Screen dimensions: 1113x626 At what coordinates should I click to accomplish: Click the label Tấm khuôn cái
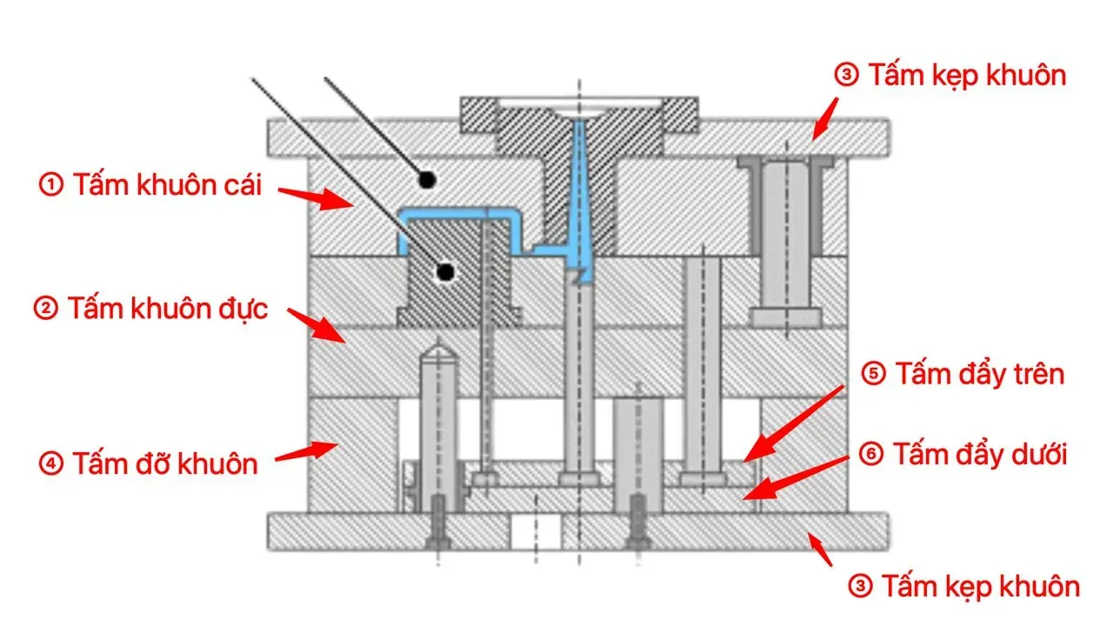click(167, 185)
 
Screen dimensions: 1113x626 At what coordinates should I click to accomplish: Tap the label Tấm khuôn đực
click(168, 309)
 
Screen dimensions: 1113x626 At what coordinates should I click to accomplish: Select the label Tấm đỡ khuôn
click(165, 463)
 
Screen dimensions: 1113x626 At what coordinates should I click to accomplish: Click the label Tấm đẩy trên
click(980, 374)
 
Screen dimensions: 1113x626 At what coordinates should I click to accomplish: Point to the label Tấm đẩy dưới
click(980, 454)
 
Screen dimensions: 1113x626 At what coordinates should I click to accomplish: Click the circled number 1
click(51, 184)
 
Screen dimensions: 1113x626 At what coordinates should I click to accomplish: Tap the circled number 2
click(46, 308)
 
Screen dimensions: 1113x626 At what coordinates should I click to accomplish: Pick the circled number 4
click(51, 463)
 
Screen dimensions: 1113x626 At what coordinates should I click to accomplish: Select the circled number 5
click(874, 374)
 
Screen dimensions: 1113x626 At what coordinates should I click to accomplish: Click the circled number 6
click(871, 454)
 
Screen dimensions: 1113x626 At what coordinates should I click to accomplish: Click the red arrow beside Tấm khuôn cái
click(316, 197)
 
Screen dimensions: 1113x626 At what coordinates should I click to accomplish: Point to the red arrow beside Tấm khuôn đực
click(316, 325)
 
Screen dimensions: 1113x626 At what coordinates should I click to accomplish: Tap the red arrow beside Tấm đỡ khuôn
click(307, 451)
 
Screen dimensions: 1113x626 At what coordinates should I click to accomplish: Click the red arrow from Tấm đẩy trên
click(794, 423)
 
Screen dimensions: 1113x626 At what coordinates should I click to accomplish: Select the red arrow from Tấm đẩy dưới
click(796, 477)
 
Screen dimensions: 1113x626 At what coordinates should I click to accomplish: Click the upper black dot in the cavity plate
click(426, 179)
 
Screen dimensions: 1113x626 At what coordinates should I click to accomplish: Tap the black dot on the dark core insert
click(445, 272)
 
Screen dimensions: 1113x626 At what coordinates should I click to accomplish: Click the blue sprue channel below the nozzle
click(580, 199)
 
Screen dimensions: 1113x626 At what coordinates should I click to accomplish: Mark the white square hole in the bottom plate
click(536, 531)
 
